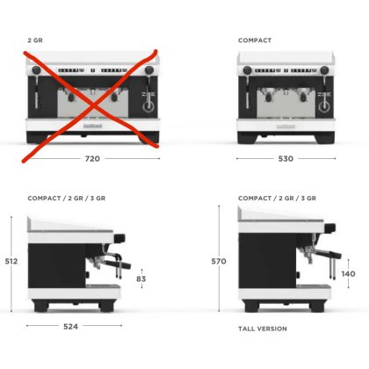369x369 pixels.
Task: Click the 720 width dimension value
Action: tap(92, 159)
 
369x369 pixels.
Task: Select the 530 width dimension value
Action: tap(286, 159)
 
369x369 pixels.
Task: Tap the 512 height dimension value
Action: tap(11, 261)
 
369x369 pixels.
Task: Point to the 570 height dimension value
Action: tap(219, 261)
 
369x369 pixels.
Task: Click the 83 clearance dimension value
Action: tap(141, 279)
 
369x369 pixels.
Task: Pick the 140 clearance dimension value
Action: tap(348, 274)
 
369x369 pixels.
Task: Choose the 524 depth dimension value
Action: tap(70, 326)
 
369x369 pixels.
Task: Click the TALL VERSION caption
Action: tap(263, 329)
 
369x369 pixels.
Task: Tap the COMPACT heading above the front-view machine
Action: tap(255, 40)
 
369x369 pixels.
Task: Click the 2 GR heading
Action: tap(35, 40)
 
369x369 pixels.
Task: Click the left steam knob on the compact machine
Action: tap(248, 70)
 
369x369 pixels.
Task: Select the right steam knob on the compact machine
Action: tap(324, 70)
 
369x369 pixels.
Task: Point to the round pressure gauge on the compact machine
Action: tap(324, 107)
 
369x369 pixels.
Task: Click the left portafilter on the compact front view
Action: tap(267, 96)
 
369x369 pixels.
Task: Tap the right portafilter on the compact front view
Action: tap(302, 96)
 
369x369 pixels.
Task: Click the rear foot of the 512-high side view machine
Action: tap(41, 306)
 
